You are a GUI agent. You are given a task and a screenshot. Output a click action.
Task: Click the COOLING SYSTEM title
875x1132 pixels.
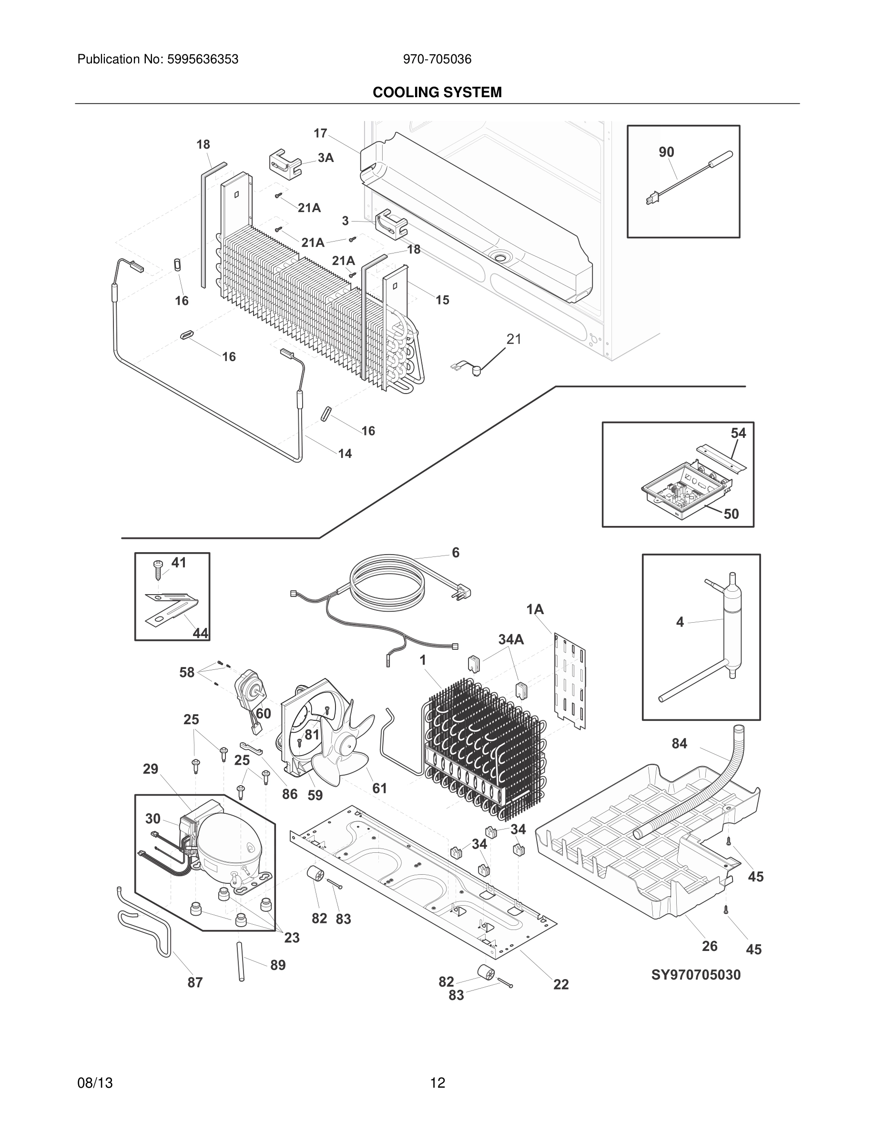tap(437, 92)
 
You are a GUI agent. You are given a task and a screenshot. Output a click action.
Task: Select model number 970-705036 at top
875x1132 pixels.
tap(437, 59)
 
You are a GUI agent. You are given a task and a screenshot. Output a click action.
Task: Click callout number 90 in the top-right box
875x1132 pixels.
tap(666, 152)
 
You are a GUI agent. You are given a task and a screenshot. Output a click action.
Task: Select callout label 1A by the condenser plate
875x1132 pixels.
tap(535, 609)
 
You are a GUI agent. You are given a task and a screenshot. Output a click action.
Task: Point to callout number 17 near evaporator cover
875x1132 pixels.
tap(320, 133)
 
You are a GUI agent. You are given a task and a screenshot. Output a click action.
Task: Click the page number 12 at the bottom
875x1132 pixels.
tap(437, 1083)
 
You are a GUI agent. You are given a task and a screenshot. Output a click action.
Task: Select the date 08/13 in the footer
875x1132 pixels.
tap(95, 1083)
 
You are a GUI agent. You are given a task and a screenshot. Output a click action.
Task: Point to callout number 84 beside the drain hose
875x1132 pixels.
tap(679, 744)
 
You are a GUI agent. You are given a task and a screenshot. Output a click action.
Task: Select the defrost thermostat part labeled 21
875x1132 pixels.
tap(473, 369)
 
